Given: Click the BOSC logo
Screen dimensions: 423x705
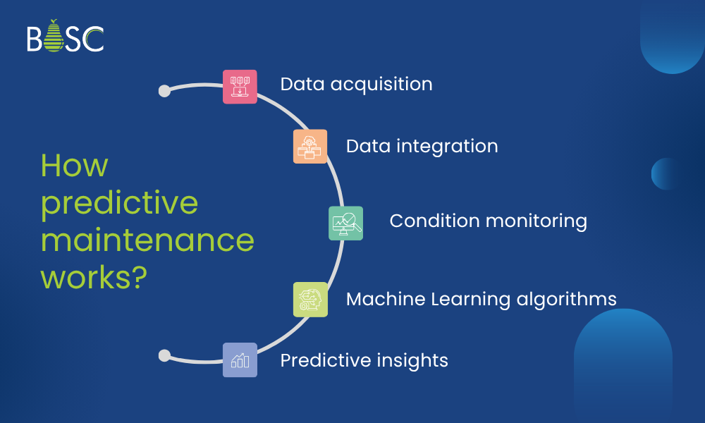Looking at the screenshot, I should (x=65, y=38).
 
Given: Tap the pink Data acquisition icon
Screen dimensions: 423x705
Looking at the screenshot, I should (x=240, y=87).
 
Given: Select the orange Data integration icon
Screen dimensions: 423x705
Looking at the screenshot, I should (x=310, y=147).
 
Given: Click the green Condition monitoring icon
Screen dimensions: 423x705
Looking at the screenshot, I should (x=346, y=223).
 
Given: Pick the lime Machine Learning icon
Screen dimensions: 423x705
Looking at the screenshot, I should (x=310, y=299).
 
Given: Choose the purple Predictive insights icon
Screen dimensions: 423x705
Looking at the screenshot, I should (x=240, y=360).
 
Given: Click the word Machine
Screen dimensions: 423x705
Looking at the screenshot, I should (x=385, y=299).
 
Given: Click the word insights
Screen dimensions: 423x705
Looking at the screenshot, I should (x=414, y=360).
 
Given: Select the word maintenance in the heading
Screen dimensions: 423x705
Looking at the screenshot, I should (x=147, y=240).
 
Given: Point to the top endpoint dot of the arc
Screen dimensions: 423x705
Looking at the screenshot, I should (x=164, y=91).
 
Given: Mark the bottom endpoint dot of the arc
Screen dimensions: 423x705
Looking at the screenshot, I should (x=164, y=355).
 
